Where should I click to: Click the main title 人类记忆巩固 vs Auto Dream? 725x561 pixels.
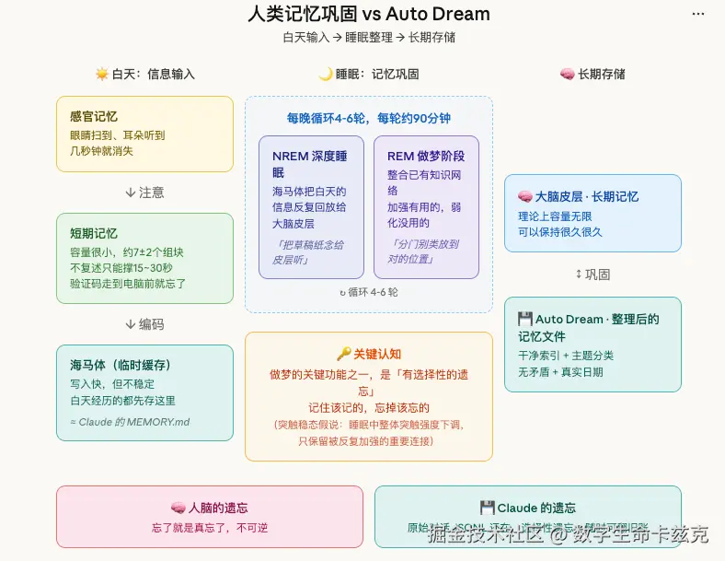pos(369,14)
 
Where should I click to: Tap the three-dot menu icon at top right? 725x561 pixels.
pos(698,15)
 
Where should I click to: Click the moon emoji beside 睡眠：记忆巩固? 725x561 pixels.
pos(325,74)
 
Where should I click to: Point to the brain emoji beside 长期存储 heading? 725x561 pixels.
pos(567,74)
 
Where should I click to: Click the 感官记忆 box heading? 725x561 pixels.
pos(94,117)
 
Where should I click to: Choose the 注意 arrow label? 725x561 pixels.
pos(144,193)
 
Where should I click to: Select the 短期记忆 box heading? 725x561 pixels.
pos(94,234)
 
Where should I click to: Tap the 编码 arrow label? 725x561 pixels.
pos(144,324)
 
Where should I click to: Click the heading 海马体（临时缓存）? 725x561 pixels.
pos(121,365)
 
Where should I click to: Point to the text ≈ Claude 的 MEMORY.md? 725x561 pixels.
pos(130,422)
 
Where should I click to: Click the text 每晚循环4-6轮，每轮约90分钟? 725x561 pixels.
pos(369,119)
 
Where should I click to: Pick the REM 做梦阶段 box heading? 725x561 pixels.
pos(426,156)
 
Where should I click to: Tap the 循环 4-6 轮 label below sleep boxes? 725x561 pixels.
pos(369,292)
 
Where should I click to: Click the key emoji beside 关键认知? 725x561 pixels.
pos(344,354)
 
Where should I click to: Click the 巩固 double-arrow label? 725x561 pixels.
pos(593,275)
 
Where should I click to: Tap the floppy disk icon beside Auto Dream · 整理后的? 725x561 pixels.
pos(525,319)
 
